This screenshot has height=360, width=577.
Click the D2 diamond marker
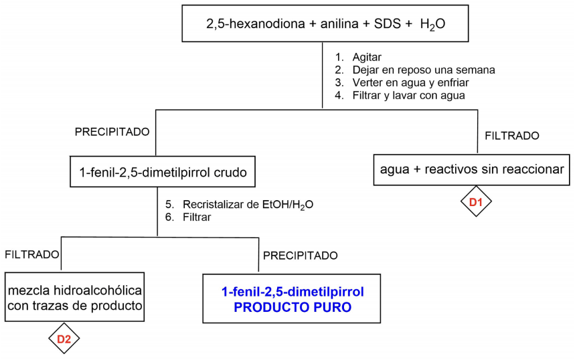pyautogui.click(x=65, y=339)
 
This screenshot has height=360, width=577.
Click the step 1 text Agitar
pyautogui.click(x=367, y=57)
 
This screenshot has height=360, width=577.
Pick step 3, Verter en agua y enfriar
pyautogui.click(x=406, y=82)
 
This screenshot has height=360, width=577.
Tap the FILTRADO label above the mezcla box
pyautogui.click(x=32, y=254)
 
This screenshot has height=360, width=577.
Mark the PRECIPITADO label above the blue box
pyautogui.click(x=300, y=256)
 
